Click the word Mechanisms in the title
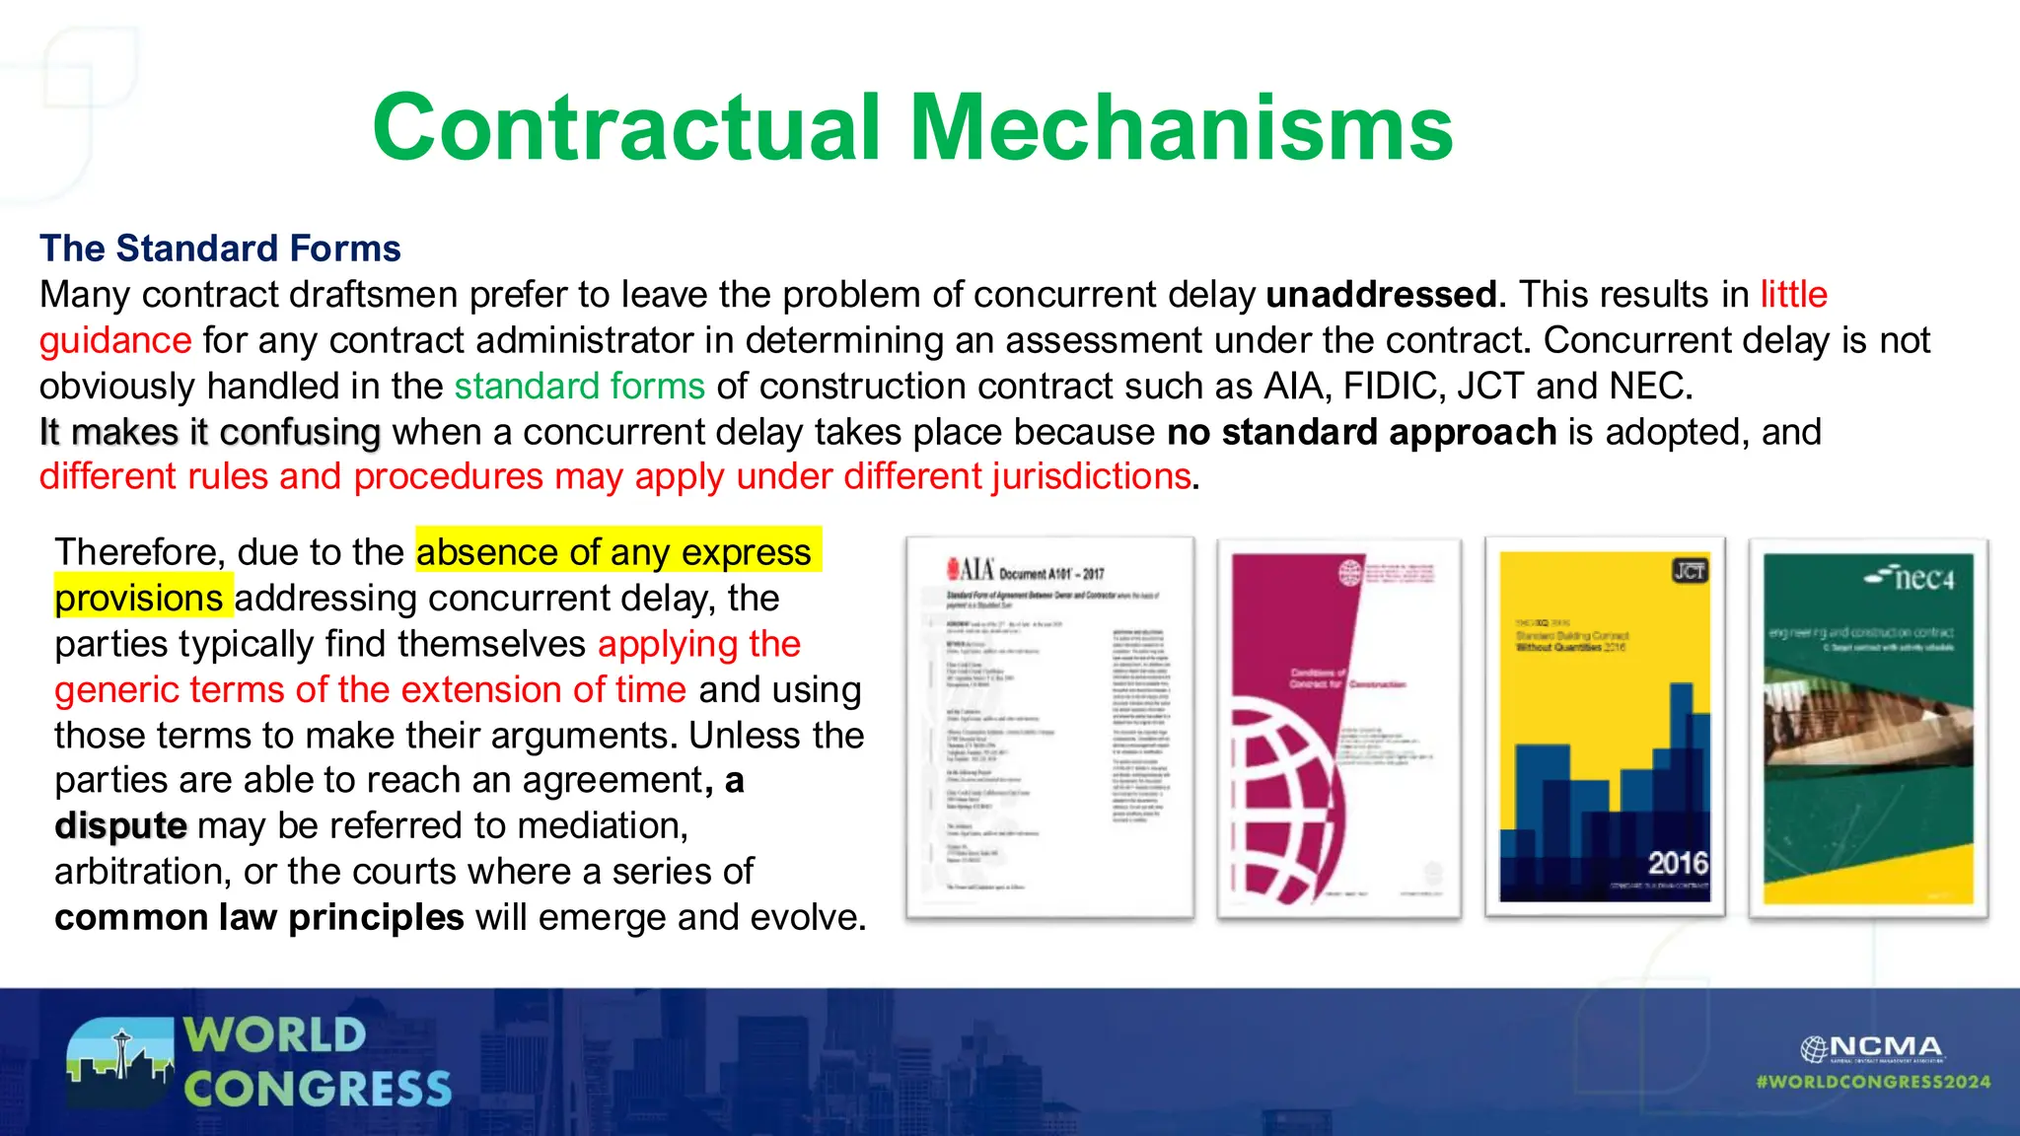click(x=1180, y=128)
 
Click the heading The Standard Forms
click(x=220, y=248)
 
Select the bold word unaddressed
click(x=1381, y=295)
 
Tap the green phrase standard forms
click(x=579, y=386)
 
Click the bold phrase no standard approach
click(x=1361, y=432)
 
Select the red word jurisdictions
click(x=1091, y=476)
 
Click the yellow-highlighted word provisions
click(x=139, y=599)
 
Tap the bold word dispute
click(x=120, y=825)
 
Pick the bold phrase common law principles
click(x=258, y=917)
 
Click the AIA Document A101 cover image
click(x=1049, y=728)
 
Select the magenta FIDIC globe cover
click(x=1338, y=728)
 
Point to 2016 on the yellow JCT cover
click(x=1677, y=864)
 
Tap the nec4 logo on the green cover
click(x=1910, y=578)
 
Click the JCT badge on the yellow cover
click(x=1690, y=571)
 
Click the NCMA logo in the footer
click(x=1871, y=1048)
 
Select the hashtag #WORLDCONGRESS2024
click(x=1873, y=1082)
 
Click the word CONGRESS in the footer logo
click(x=318, y=1090)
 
